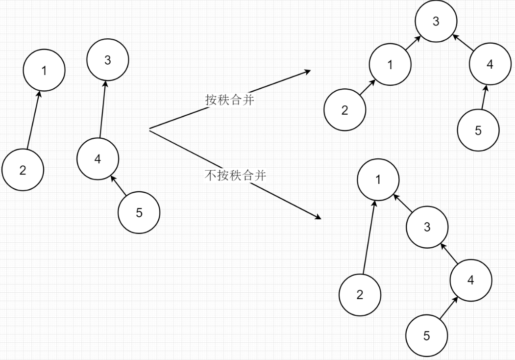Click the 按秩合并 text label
tap(229, 100)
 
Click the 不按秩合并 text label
tap(235, 175)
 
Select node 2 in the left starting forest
tap(23, 170)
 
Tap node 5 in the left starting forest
tap(139, 213)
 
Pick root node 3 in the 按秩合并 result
tap(436, 22)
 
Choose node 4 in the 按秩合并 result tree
tap(490, 64)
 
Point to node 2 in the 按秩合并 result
tap(344, 110)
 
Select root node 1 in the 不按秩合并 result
tap(378, 180)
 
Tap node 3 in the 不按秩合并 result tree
tap(427, 227)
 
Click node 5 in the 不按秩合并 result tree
tap(426, 336)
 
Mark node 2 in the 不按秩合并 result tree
tap(360, 295)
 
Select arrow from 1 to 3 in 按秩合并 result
tap(412, 43)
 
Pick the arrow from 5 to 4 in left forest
tap(119, 184)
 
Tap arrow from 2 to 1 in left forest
tap(33, 120)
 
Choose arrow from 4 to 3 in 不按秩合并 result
tap(449, 253)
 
